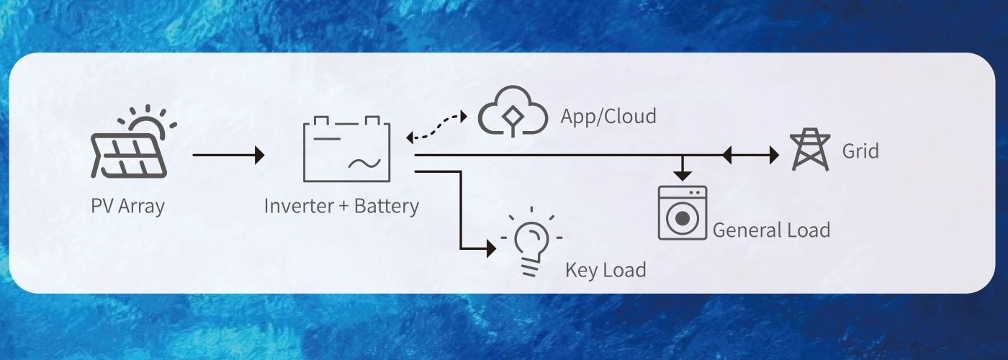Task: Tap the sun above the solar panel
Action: [x=149, y=124]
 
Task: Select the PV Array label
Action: [x=128, y=206]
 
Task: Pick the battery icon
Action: [x=347, y=150]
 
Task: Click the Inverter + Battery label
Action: [x=341, y=206]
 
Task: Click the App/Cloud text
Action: [x=608, y=116]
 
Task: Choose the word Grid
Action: [x=860, y=151]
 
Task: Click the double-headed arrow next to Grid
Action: [x=750, y=154]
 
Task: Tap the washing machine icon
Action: [x=682, y=212]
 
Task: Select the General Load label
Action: [x=771, y=230]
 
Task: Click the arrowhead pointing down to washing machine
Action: [x=682, y=174]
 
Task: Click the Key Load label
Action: [x=606, y=270]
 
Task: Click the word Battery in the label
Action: [x=387, y=206]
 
